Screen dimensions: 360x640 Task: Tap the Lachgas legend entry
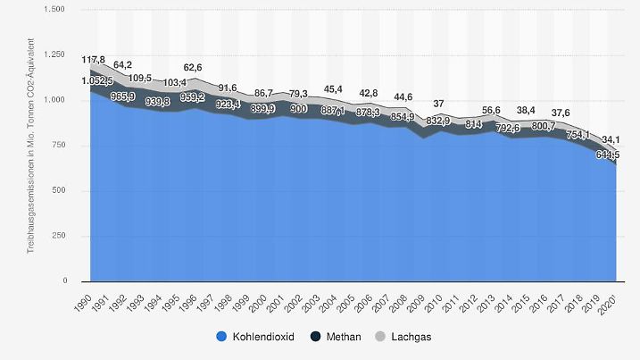pos(398,338)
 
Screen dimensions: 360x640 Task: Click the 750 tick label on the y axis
pos(59,146)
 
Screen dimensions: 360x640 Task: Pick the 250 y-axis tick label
pos(59,236)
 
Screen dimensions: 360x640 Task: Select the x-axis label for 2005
pos(348,300)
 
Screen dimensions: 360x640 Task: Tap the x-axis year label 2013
pos(488,300)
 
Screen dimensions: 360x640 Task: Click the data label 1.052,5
pos(99,81)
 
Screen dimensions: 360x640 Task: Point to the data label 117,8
pos(94,60)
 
